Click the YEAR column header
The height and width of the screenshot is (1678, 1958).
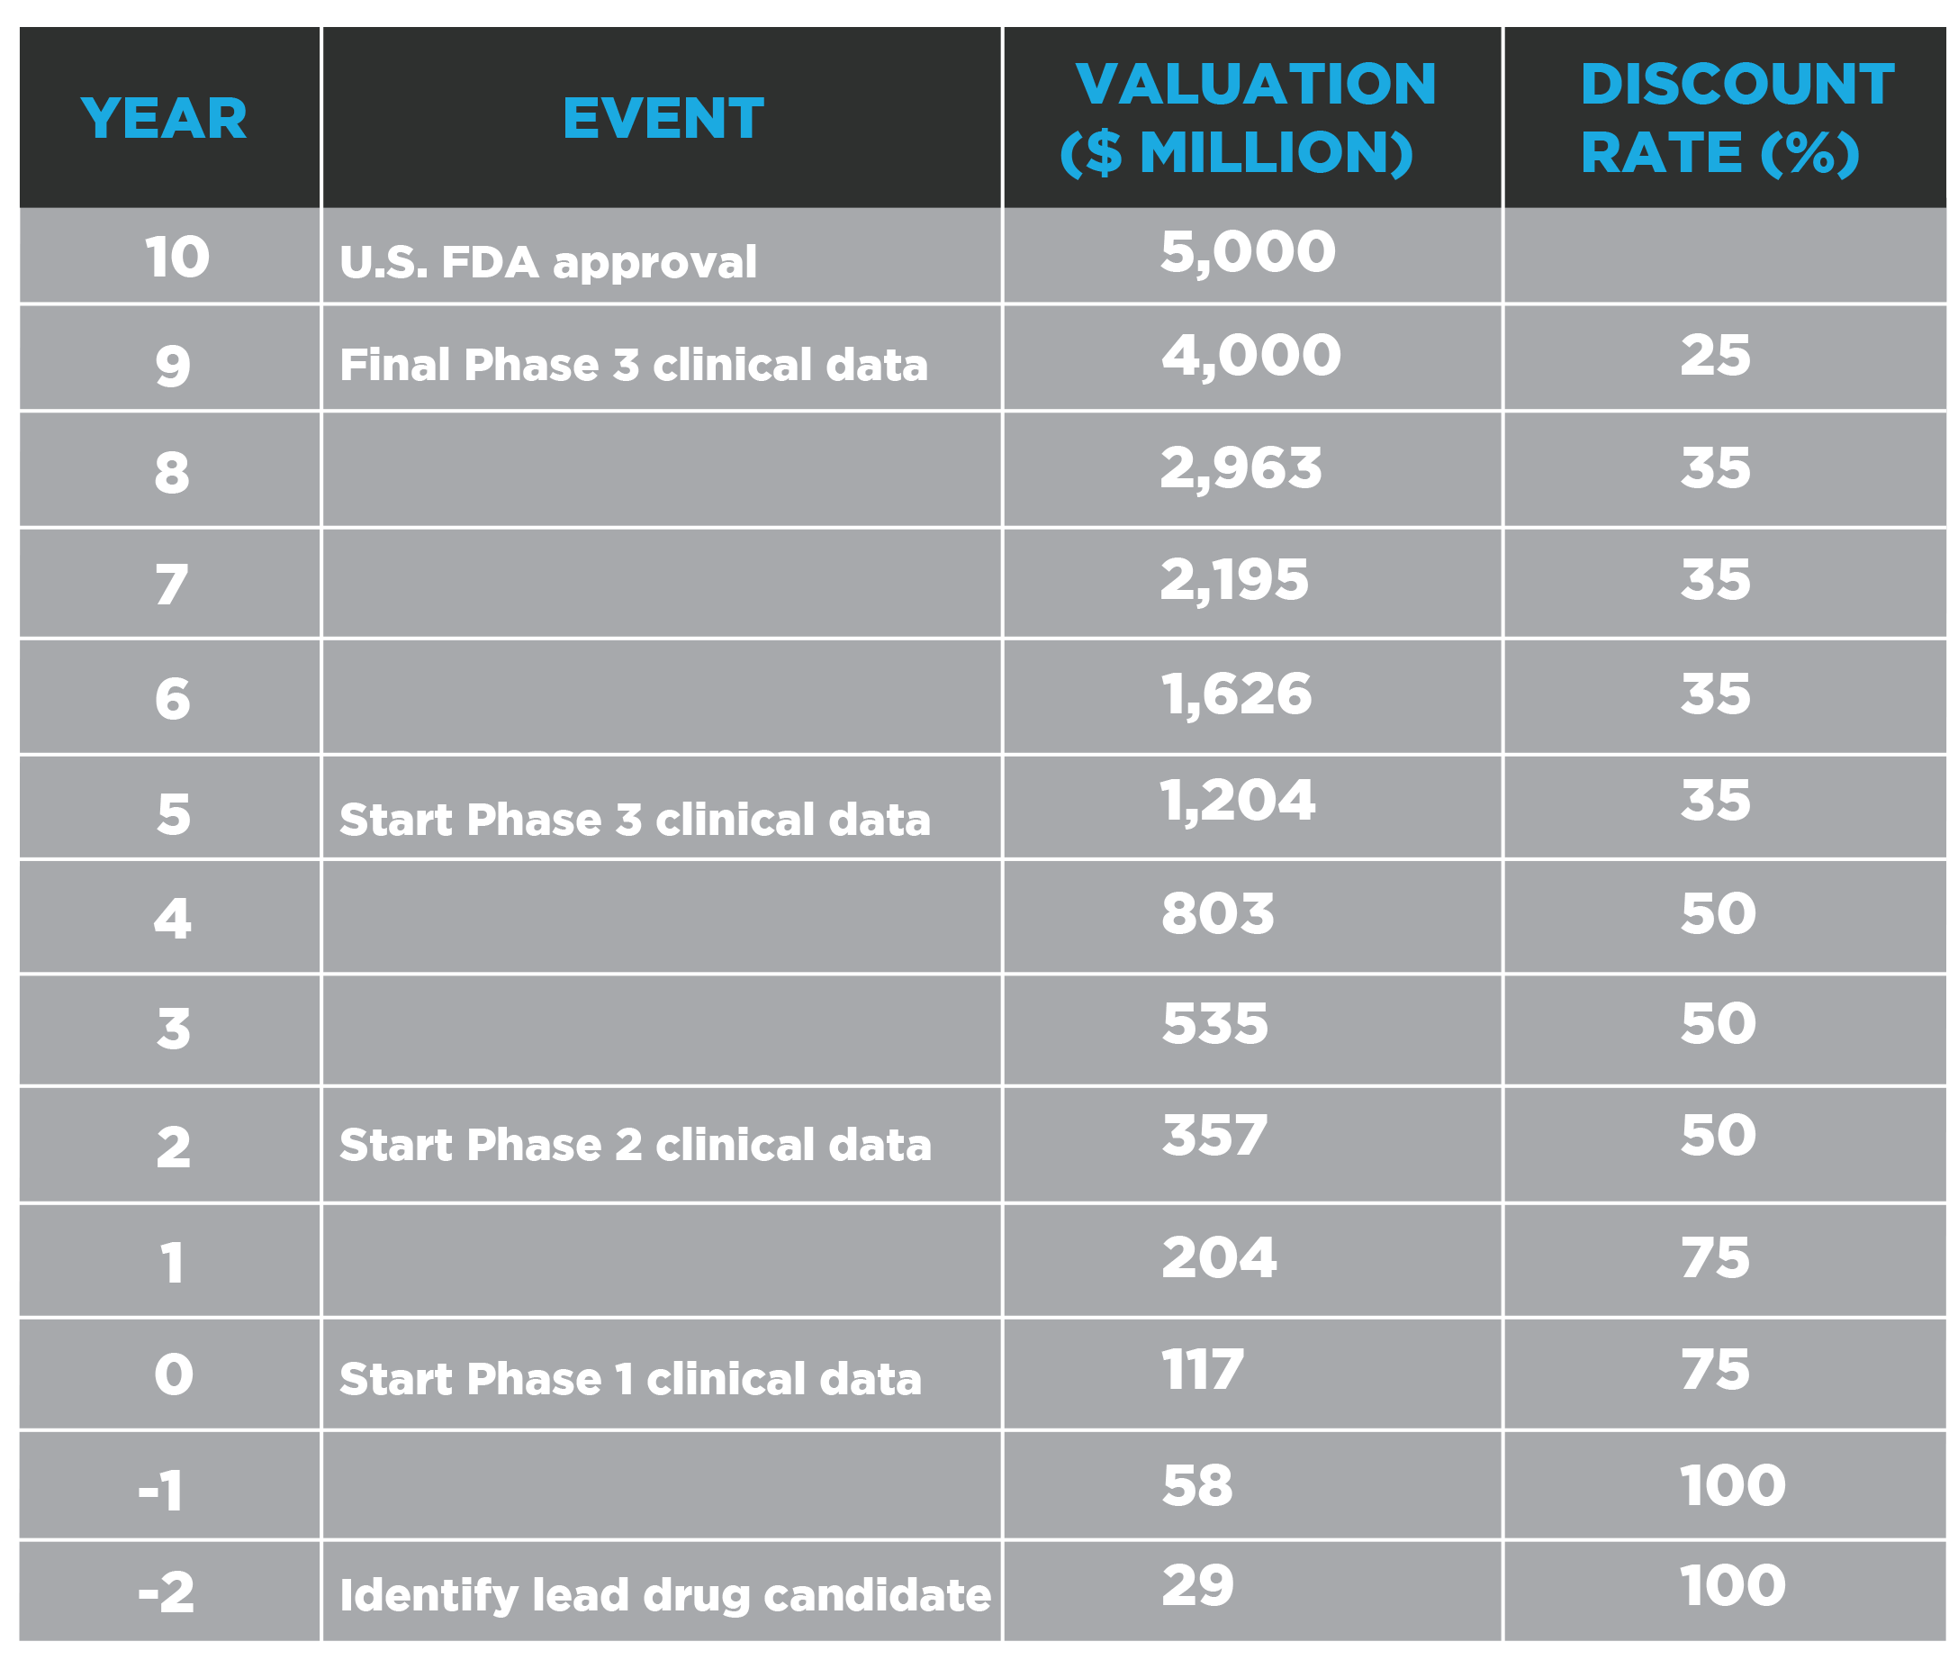point(164,119)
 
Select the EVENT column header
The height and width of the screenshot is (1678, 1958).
point(663,119)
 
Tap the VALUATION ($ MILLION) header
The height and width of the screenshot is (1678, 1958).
point(1248,118)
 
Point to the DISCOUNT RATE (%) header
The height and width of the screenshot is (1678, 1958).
point(1737,118)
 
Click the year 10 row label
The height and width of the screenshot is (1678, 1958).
point(176,257)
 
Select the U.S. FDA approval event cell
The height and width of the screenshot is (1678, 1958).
point(548,262)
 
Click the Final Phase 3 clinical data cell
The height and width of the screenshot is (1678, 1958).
point(634,365)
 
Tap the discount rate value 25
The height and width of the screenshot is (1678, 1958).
point(1715,356)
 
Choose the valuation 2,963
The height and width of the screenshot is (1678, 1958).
point(1241,469)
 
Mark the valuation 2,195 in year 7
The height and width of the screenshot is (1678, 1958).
point(1234,580)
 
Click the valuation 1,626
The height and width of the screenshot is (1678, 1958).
point(1236,694)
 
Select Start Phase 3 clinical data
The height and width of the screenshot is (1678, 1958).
point(635,820)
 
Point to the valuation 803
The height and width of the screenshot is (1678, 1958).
point(1218,913)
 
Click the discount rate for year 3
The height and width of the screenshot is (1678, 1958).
point(1718,1023)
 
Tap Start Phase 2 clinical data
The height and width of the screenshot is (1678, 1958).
point(636,1145)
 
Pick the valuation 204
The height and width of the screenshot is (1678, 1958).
point(1219,1257)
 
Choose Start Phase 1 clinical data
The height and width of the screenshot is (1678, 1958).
point(630,1379)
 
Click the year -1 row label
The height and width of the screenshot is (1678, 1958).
point(160,1491)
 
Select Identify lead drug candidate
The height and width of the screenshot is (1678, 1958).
point(665,1595)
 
